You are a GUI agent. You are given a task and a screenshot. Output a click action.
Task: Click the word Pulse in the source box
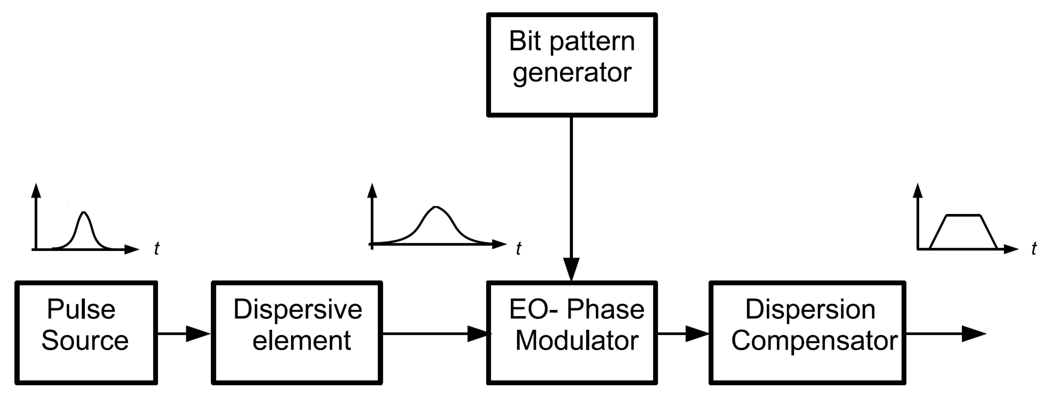point(81,310)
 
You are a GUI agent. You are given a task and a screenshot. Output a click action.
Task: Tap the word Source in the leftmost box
point(85,341)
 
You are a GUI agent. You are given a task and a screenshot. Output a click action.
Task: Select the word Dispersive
point(297,310)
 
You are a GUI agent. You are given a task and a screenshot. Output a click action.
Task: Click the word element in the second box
point(301,341)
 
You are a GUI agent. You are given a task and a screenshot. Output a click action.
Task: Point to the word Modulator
point(576,341)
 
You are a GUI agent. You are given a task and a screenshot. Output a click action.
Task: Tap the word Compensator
point(814,341)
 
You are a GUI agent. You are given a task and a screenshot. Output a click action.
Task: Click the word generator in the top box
point(572,73)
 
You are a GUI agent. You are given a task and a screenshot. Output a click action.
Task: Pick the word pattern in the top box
point(593,42)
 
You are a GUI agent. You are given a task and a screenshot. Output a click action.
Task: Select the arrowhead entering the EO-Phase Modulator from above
point(571,269)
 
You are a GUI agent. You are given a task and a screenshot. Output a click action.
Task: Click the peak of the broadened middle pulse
point(436,207)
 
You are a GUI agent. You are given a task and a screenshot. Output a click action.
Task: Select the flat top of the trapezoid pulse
point(963,215)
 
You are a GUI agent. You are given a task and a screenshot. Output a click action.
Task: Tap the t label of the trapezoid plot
point(1034,248)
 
